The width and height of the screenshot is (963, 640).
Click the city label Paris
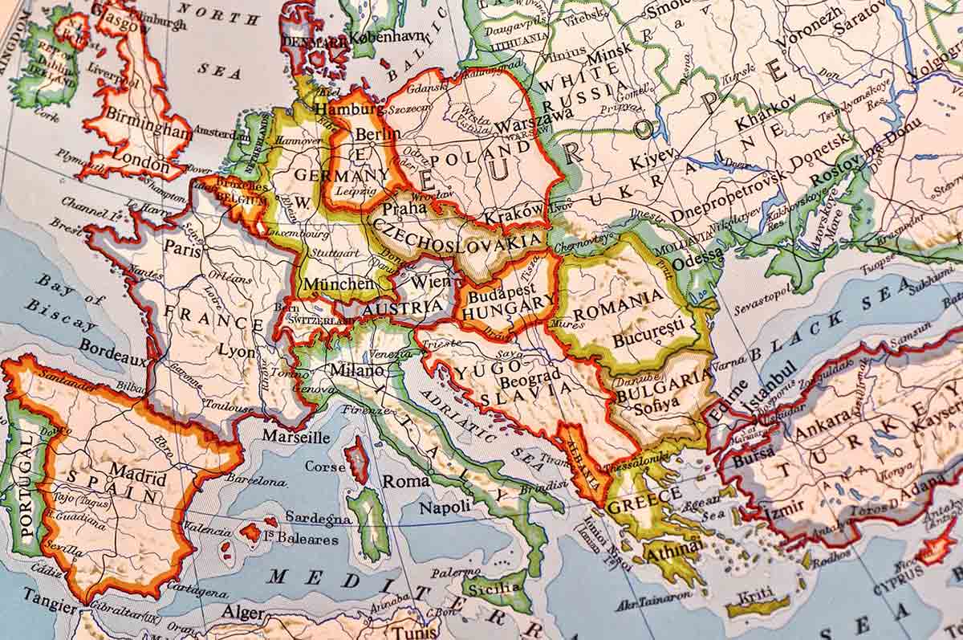point(182,247)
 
